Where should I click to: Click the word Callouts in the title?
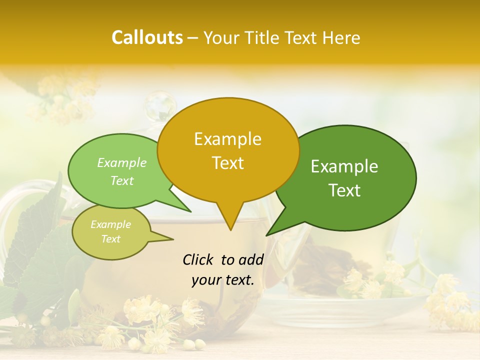click(x=147, y=37)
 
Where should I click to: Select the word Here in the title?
click(x=341, y=37)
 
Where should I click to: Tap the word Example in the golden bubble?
click(x=227, y=139)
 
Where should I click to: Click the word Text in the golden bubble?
click(x=227, y=163)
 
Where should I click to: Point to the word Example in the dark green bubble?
click(x=344, y=166)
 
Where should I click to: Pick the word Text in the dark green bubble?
click(x=344, y=190)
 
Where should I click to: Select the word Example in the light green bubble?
click(x=122, y=163)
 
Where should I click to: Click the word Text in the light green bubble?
click(x=122, y=180)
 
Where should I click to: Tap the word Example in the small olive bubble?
click(x=110, y=224)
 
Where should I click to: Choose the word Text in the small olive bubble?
click(x=110, y=239)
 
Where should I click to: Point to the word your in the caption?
click(x=206, y=280)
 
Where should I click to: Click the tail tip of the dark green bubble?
click(x=266, y=235)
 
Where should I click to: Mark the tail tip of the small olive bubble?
click(x=173, y=239)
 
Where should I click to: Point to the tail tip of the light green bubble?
click(x=191, y=212)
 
